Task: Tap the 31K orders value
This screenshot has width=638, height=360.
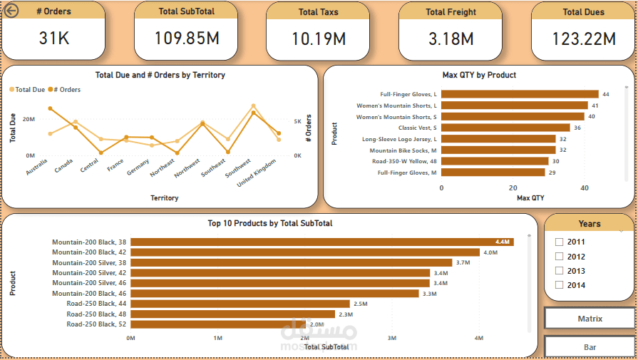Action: coord(54,38)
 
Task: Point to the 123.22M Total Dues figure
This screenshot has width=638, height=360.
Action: coord(583,39)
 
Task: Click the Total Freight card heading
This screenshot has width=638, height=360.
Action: coord(451,11)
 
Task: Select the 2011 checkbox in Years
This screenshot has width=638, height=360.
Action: coord(560,242)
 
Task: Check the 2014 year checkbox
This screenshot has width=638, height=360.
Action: coord(560,285)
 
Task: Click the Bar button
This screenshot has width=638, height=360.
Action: coord(590,347)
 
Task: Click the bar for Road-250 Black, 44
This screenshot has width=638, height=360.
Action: coord(240,304)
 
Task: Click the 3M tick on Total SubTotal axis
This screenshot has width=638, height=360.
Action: coord(391,338)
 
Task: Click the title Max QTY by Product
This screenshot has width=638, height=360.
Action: coord(479,75)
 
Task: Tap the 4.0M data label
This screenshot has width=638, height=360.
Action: coord(490,252)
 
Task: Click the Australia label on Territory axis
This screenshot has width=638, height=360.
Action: coord(36,167)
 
